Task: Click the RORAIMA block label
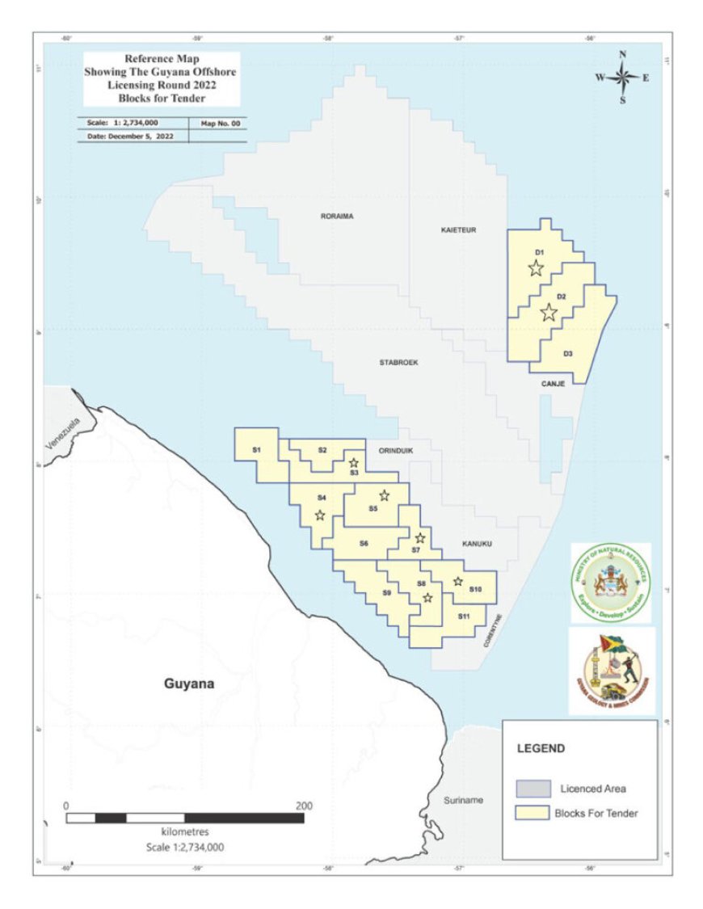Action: [338, 217]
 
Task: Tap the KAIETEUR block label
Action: [459, 230]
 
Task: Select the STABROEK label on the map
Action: [398, 363]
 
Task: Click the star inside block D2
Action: [549, 312]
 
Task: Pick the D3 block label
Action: [568, 354]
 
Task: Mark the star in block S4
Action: [320, 515]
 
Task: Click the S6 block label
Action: [364, 544]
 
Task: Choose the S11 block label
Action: [464, 617]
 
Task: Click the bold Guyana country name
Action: [190, 684]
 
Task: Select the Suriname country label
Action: [463, 800]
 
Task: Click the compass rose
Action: [623, 78]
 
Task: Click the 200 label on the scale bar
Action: [304, 806]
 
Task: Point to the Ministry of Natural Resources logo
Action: [611, 583]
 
